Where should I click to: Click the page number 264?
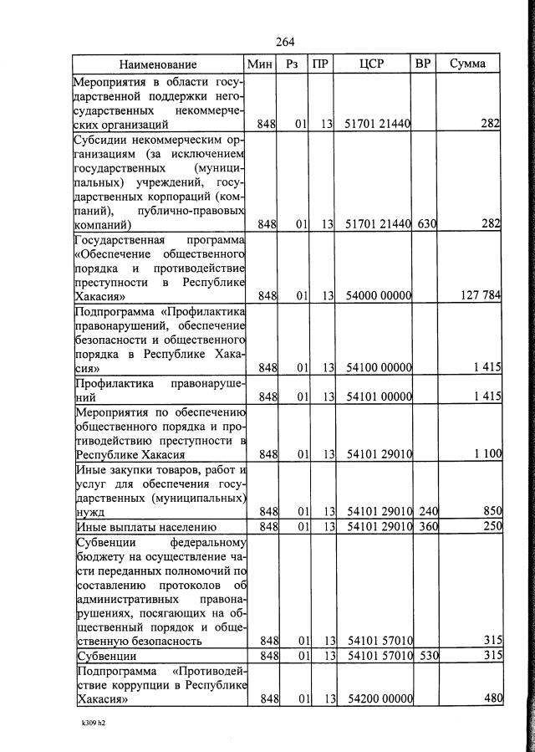pos(284,43)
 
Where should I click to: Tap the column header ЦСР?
pos(372,64)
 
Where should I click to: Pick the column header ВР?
pos(423,64)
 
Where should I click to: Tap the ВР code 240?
pos(425,511)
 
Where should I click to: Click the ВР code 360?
pos(425,526)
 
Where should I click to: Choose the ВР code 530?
pos(425,655)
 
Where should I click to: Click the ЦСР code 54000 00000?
pos(374,295)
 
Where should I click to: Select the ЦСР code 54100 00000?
pos(374,367)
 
